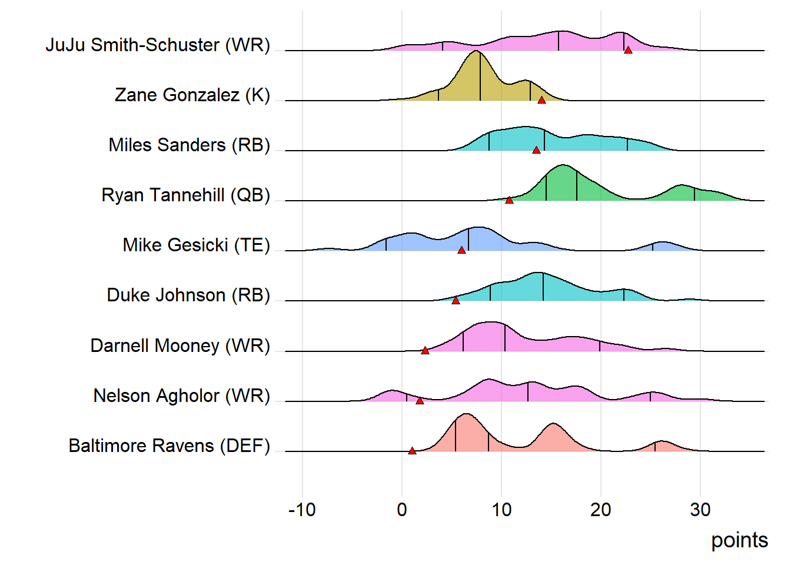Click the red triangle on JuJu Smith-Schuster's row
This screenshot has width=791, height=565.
628,50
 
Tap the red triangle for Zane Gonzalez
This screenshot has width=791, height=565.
541,100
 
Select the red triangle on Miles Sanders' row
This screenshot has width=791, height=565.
536,150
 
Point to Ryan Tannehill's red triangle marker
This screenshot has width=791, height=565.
509,200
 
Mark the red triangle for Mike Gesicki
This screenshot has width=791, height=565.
461,250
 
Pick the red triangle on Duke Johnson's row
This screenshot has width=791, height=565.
456,300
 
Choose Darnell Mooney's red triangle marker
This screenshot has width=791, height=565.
425,351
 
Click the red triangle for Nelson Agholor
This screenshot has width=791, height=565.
420,401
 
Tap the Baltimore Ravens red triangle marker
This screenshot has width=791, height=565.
412,451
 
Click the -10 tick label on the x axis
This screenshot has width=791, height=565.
302,510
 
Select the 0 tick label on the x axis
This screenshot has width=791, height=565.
402,510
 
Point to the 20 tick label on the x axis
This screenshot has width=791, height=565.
601,510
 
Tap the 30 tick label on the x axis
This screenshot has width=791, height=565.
700,510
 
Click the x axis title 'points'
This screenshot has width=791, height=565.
739,540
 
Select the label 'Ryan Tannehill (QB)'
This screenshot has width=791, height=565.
185,195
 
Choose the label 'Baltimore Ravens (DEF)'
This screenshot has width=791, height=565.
169,446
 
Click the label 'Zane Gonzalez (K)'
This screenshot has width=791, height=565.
192,95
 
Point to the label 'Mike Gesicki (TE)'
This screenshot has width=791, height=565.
196,245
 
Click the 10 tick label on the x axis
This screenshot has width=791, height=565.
501,510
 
